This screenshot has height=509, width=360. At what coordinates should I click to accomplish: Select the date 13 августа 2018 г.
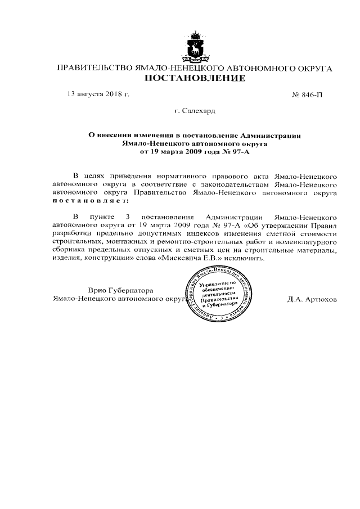point(98,94)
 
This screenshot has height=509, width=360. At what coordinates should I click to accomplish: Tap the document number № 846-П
point(308,94)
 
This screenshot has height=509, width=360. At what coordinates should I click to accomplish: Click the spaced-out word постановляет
point(90,200)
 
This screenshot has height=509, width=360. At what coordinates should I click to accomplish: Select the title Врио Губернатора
point(120,290)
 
